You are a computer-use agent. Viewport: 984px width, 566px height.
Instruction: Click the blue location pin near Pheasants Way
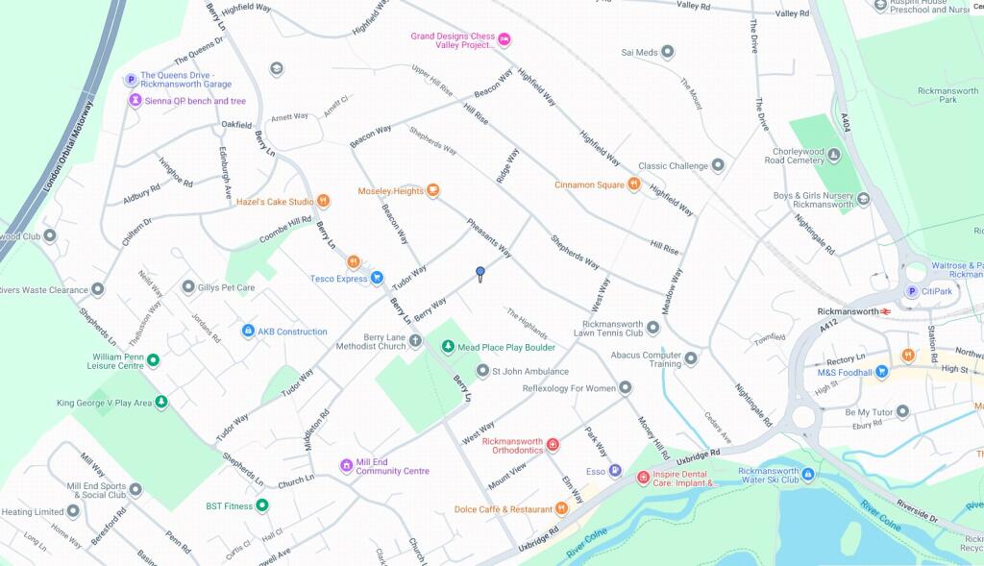point(480,274)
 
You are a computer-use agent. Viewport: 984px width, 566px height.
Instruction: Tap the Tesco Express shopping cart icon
point(377,279)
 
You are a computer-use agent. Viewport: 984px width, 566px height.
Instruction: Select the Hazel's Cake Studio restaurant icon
point(324,202)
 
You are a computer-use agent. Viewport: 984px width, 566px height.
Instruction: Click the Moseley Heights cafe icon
point(433,191)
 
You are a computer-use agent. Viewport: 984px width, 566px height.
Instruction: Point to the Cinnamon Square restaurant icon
point(634,185)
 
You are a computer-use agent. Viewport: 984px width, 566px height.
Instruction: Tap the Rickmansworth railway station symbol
point(885,311)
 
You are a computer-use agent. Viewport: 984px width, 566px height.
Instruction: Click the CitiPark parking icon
point(912,292)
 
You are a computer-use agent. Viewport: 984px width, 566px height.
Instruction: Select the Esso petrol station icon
point(615,471)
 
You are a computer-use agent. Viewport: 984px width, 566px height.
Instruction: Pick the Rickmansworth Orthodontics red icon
point(553,444)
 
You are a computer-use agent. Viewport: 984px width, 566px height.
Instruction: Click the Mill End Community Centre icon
point(346,466)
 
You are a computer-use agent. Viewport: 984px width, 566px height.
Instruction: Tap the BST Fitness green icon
point(262,505)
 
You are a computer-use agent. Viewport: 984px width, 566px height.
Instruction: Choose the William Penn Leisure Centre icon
point(153,360)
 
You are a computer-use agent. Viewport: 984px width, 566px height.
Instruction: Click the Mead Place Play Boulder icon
point(447,347)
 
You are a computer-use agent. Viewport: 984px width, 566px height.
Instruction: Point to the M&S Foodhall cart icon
point(881,372)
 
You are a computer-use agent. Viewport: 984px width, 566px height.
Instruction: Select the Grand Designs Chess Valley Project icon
point(504,39)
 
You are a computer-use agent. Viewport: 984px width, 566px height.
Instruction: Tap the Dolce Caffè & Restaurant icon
point(561,508)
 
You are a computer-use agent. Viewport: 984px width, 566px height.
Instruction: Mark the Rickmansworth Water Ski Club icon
point(808,475)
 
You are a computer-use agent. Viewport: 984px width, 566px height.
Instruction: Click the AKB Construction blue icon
point(248,332)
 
